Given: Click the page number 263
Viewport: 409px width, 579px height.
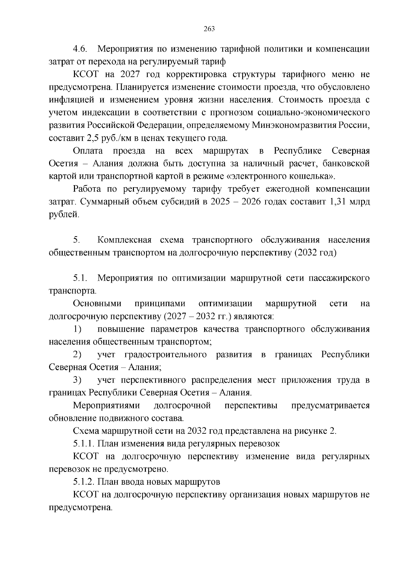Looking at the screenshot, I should pyautogui.click(x=209, y=29).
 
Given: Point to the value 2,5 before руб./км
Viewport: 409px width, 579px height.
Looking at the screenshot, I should pyautogui.click(x=93, y=138).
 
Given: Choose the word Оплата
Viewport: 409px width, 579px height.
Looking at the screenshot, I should pyautogui.click(x=87, y=151).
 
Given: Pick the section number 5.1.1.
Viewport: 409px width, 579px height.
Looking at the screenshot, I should pyautogui.click(x=84, y=444).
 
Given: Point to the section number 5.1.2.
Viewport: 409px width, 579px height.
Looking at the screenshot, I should pyautogui.click(x=84, y=482).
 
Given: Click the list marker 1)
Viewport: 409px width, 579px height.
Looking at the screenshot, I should pyautogui.click(x=77, y=329).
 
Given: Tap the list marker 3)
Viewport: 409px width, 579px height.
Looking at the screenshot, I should pyautogui.click(x=77, y=380).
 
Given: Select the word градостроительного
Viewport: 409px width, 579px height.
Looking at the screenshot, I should pyautogui.click(x=166, y=355).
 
